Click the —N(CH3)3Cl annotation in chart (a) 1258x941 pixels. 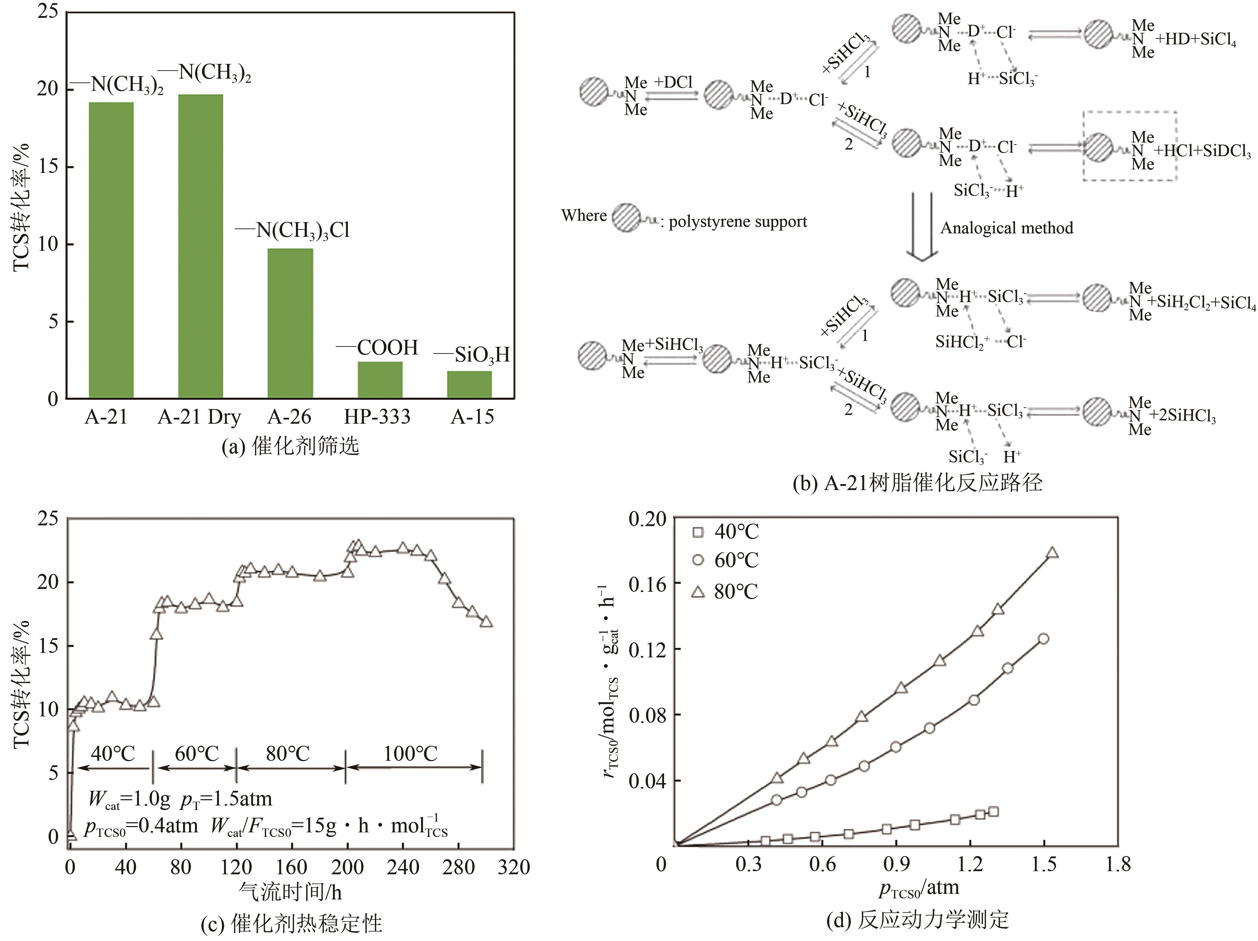pos(293,230)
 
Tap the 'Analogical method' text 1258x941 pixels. pos(1006,228)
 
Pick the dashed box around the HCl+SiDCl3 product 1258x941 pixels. pos(1129,146)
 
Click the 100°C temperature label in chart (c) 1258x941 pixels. pos(410,754)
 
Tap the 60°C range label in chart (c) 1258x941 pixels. pos(197,754)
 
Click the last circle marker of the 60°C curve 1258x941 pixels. pos(1043,639)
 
